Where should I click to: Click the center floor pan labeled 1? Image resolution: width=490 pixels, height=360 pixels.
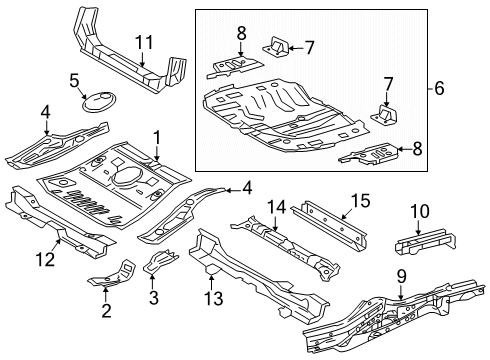[115, 180]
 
